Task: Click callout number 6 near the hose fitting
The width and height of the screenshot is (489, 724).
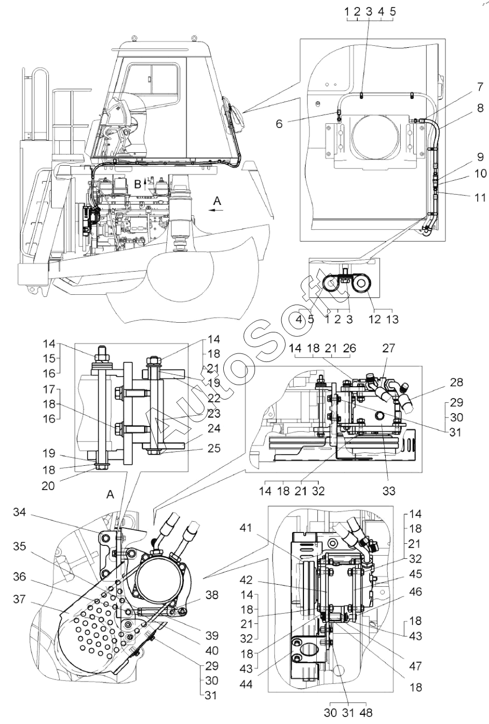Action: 279,124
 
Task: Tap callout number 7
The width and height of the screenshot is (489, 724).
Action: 480,87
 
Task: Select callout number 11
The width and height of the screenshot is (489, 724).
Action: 480,197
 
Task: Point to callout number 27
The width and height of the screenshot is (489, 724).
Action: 389,348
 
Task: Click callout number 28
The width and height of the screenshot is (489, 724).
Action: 456,382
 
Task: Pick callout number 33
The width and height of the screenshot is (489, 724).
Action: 389,491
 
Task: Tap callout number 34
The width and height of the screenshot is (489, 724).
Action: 19,512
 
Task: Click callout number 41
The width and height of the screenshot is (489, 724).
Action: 246,528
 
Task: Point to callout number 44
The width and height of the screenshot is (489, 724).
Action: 246,684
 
